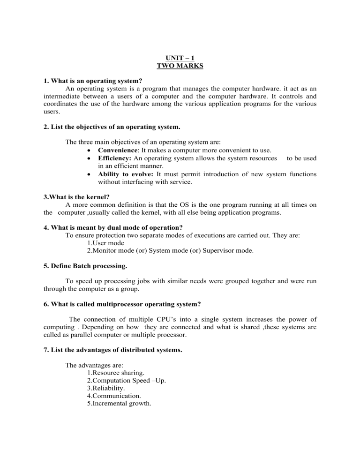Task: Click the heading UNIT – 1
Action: (x=180, y=58)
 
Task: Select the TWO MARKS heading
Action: (x=180, y=67)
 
